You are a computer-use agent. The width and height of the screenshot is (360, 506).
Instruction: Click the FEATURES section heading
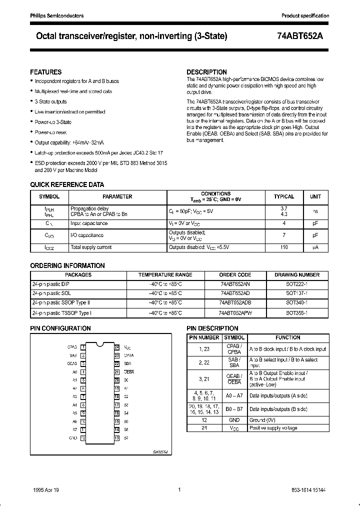(46, 72)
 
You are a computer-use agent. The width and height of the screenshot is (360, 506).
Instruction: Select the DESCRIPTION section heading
(206, 72)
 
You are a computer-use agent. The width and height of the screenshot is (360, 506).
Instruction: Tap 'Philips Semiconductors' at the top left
(54, 16)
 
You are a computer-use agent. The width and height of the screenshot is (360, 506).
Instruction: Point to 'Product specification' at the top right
(305, 16)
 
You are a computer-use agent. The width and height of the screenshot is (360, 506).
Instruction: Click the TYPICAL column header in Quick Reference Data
(284, 197)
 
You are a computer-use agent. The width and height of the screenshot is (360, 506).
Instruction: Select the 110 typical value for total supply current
(284, 247)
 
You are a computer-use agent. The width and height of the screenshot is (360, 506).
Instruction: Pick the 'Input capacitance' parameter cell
(89, 223)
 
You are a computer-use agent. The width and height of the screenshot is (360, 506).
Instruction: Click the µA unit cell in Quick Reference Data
(315, 247)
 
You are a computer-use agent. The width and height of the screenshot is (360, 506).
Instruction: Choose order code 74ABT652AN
(235, 283)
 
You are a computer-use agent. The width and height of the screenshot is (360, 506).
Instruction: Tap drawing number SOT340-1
(296, 302)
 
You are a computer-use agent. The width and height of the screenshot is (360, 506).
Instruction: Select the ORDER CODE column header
(235, 274)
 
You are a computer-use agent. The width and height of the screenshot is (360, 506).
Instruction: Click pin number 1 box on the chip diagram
(83, 346)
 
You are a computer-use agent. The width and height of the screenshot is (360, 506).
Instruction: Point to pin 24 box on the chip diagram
(116, 346)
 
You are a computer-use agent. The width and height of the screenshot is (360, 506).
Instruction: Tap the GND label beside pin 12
(73, 438)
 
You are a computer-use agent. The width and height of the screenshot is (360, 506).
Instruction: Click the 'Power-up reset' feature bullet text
(50, 132)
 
